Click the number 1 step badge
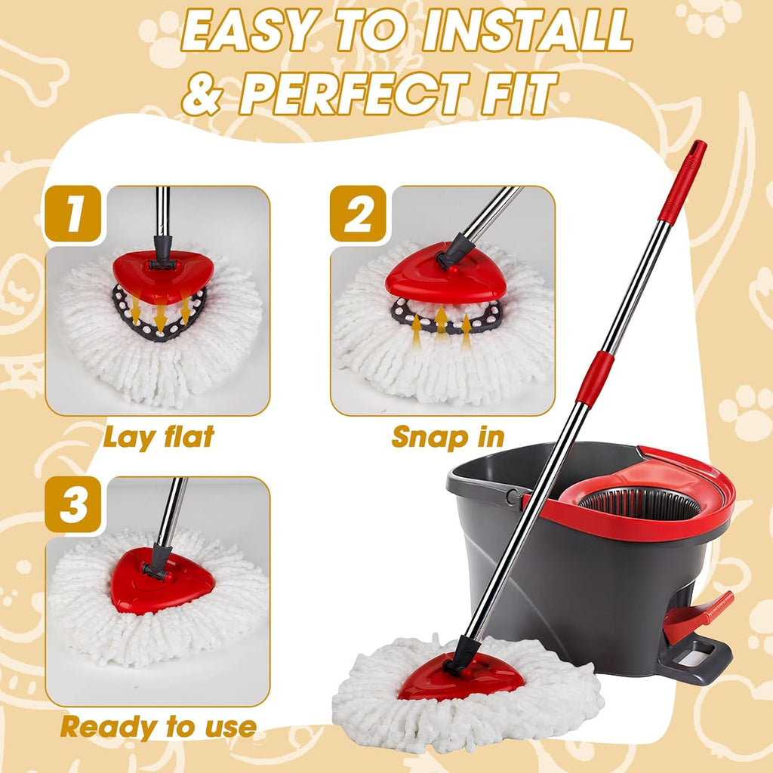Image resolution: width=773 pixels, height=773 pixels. pyautogui.click(x=73, y=214)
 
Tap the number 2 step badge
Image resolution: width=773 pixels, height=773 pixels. pyautogui.click(x=359, y=214)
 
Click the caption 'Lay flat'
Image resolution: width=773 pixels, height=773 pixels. pyautogui.click(x=159, y=436)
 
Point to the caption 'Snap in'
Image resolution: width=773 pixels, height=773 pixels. pyautogui.click(x=448, y=436)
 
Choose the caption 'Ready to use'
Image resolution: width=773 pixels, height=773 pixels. pyautogui.click(x=159, y=727)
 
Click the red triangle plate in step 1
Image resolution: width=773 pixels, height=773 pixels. pyautogui.click(x=162, y=274)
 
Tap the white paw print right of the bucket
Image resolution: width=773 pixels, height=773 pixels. pyautogui.click(x=744, y=411)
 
